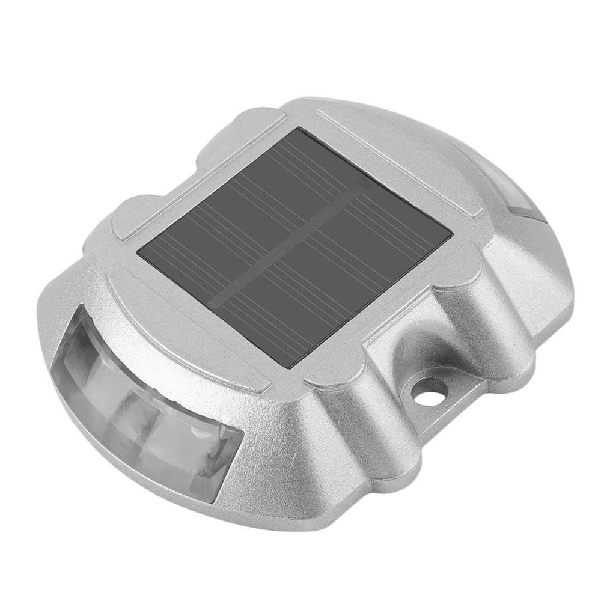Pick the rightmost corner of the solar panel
pyautogui.click(x=452, y=234)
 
